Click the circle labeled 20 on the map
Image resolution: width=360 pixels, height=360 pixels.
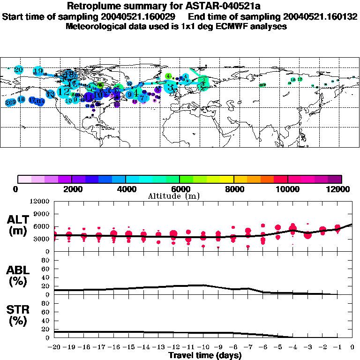[x=18, y=70]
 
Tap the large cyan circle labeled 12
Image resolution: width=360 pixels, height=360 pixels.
[x=64, y=92]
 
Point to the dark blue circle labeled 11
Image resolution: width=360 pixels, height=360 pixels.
[x=88, y=97]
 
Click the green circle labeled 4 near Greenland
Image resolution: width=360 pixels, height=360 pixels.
[x=168, y=76]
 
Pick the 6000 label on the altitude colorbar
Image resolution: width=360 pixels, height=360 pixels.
[x=180, y=189]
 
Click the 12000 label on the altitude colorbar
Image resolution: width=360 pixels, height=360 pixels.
[x=340, y=189]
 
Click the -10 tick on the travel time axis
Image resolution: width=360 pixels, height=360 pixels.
[x=203, y=347]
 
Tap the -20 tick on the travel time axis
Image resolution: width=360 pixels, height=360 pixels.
[x=54, y=347]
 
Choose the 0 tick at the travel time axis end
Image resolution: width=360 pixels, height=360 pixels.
[x=352, y=347]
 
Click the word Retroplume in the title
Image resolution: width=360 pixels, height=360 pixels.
[x=90, y=7]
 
